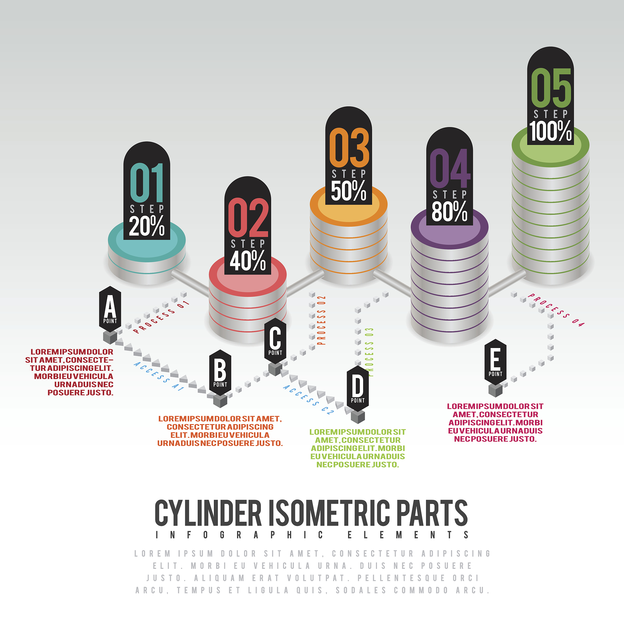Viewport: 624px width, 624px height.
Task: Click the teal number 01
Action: pyautogui.click(x=147, y=183)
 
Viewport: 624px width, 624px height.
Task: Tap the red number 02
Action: pyautogui.click(x=248, y=218)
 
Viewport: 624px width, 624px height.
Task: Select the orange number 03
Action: pyautogui.click(x=349, y=147)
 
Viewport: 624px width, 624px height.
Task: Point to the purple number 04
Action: pyautogui.click(x=450, y=168)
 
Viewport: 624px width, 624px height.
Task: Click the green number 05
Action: pyautogui.click(x=551, y=88)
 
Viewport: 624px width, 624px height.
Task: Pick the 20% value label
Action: pyautogui.click(x=147, y=226)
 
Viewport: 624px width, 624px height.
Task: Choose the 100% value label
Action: pyautogui.click(x=551, y=131)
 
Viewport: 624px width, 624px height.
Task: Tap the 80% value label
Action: pyautogui.click(x=450, y=211)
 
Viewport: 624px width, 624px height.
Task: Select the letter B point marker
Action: pyautogui.click(x=220, y=373)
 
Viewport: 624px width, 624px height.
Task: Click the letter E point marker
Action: pyautogui.click(x=495, y=362)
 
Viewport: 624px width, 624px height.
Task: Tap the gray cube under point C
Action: pyautogui.click(x=275, y=369)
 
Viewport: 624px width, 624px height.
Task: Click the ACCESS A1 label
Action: pyautogui.click(x=159, y=376)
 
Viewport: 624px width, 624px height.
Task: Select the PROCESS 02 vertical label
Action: pyautogui.click(x=321, y=321)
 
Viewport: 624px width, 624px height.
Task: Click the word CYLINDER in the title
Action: pyautogui.click(x=208, y=513)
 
